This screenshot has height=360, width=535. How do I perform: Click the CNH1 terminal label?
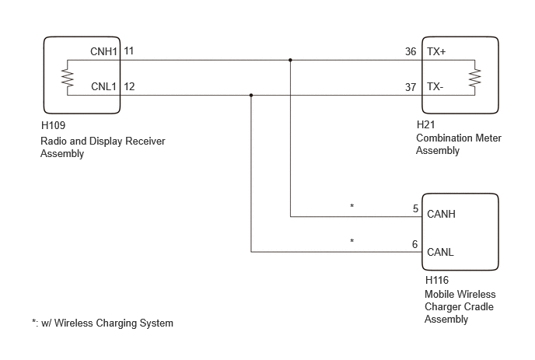pyautogui.click(x=103, y=51)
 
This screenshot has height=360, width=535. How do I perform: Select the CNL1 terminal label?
pyautogui.click(x=103, y=86)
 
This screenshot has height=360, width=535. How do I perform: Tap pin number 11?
pyautogui.click(x=128, y=51)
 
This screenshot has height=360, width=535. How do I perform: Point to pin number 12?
pyautogui.click(x=129, y=86)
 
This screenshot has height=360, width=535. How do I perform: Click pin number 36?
pyautogui.click(x=411, y=51)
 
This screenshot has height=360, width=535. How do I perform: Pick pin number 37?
pyautogui.click(x=411, y=87)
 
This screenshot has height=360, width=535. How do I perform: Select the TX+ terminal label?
pyautogui.click(x=436, y=51)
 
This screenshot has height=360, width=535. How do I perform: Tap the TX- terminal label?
pyautogui.click(x=435, y=86)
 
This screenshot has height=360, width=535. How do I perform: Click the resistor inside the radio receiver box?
pyautogui.click(x=67, y=78)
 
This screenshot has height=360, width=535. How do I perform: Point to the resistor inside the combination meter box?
pyautogui.click(x=474, y=78)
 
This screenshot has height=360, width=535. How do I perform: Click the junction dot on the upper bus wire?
pyautogui.click(x=290, y=60)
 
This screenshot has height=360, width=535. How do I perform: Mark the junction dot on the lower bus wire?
pyautogui.click(x=251, y=95)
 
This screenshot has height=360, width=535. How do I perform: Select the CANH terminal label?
pyautogui.click(x=441, y=214)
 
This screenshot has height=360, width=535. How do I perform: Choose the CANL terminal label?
pyautogui.click(x=440, y=252)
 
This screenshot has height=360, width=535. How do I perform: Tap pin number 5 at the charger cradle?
pyautogui.click(x=415, y=208)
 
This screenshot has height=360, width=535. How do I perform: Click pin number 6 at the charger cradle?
pyautogui.click(x=415, y=244)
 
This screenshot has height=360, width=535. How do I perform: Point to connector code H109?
pyautogui.click(x=53, y=125)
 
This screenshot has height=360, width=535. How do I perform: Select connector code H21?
pyautogui.click(x=426, y=124)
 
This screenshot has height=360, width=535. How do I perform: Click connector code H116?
pyautogui.click(x=437, y=280)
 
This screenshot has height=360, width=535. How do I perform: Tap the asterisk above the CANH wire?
pyautogui.click(x=352, y=206)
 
